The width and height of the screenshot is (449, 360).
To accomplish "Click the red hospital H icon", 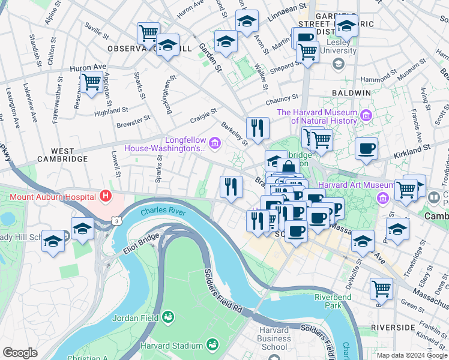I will [106, 196].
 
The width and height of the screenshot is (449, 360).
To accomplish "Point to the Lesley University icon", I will [338, 64].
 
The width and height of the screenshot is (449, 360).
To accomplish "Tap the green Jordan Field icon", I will [167, 316].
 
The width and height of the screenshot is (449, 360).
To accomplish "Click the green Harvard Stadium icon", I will [211, 344].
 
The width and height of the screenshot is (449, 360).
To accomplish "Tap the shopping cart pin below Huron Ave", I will [91, 82].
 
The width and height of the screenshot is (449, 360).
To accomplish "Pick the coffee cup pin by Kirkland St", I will [366, 148].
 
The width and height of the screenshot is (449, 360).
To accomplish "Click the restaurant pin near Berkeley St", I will [258, 128].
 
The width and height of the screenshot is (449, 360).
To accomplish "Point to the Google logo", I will [20, 353].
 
